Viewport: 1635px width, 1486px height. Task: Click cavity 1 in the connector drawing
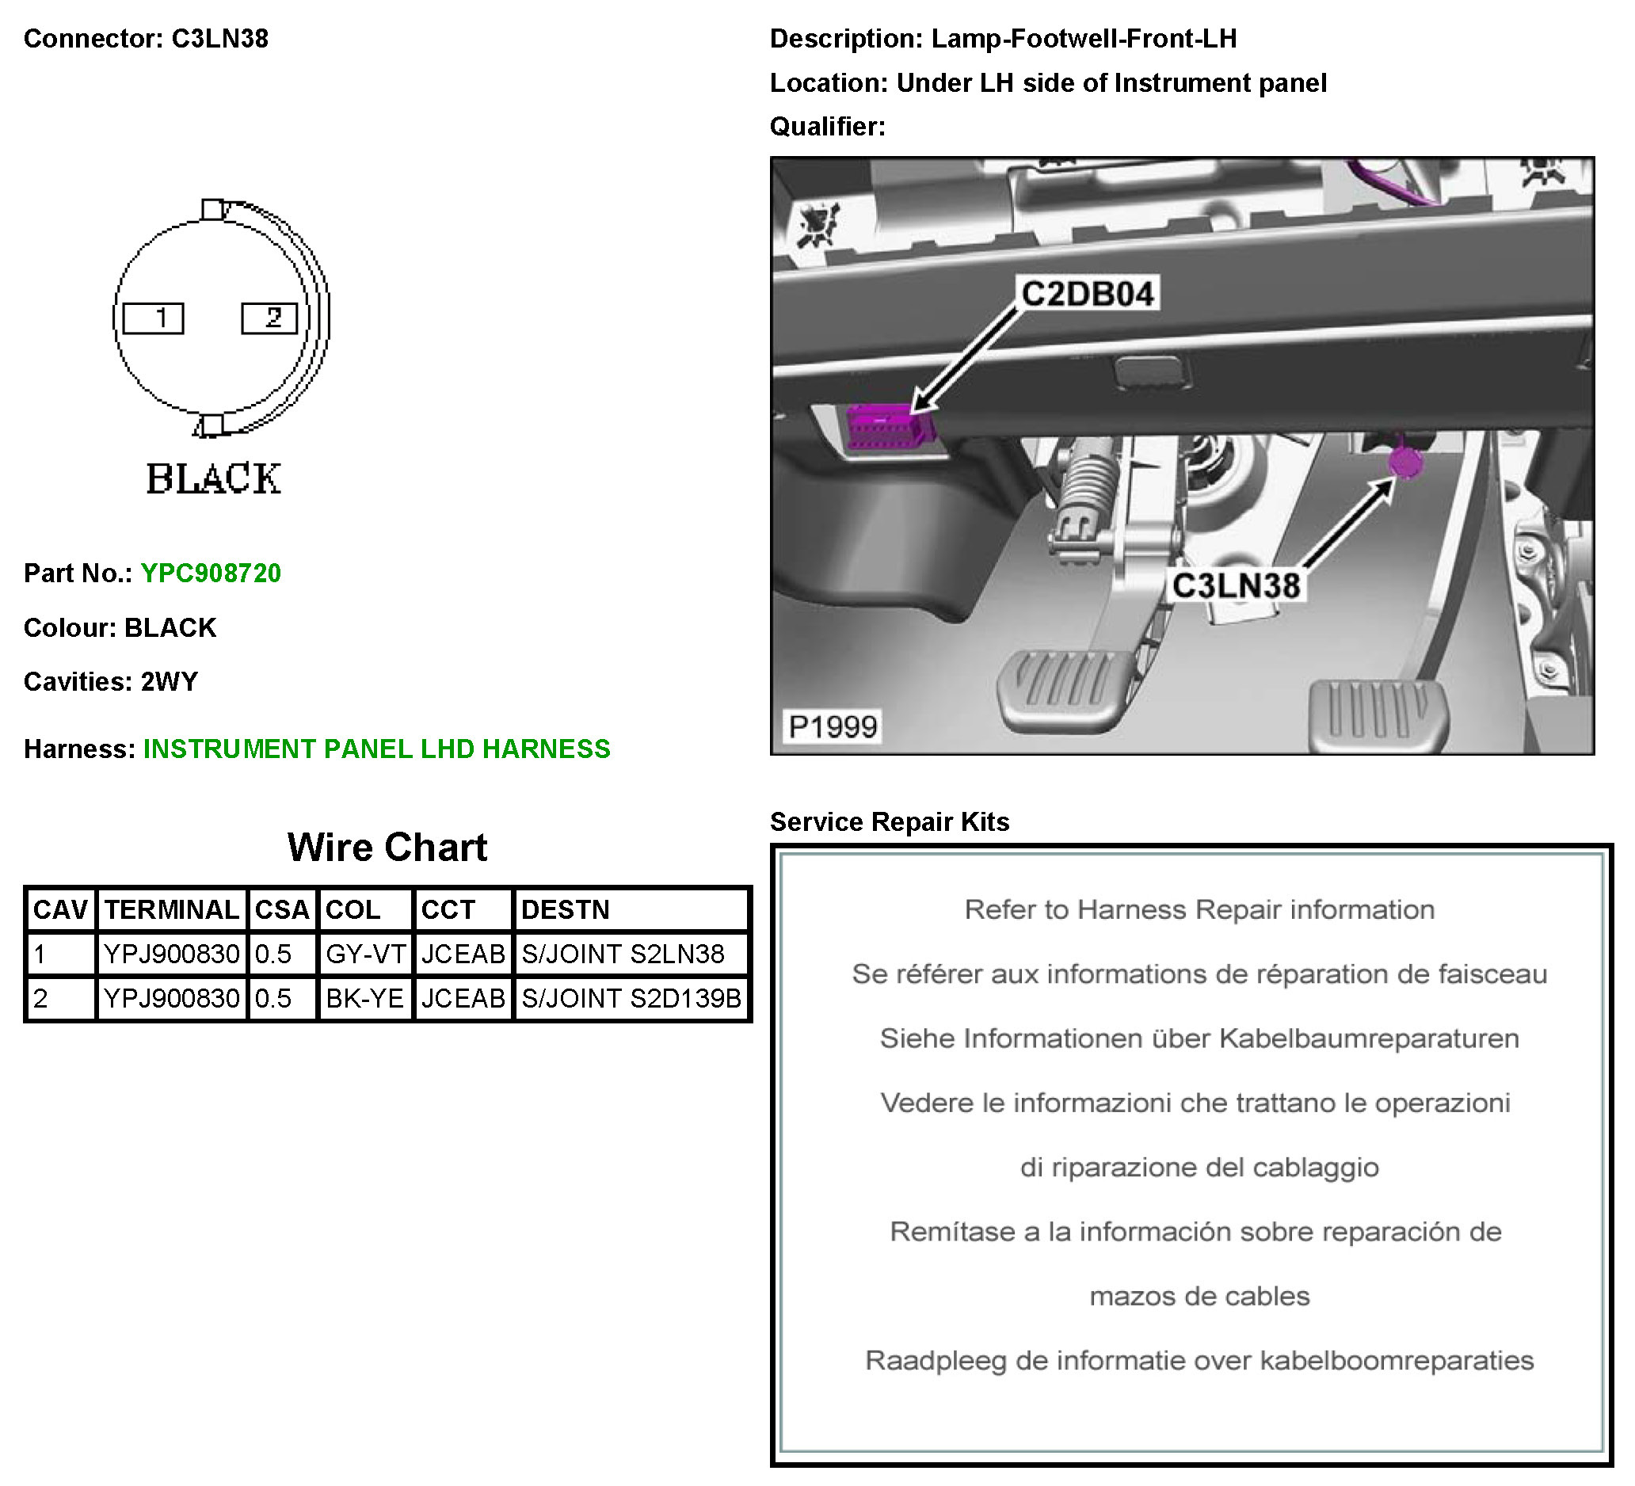154,318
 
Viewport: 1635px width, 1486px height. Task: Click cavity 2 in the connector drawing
270,318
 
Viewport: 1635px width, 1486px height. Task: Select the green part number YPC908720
211,573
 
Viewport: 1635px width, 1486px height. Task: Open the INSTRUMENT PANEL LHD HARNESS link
377,749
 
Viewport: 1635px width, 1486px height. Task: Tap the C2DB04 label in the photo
1088,294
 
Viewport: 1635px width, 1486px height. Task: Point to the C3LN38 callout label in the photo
1236,585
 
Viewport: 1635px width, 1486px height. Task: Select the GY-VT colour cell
365,954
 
